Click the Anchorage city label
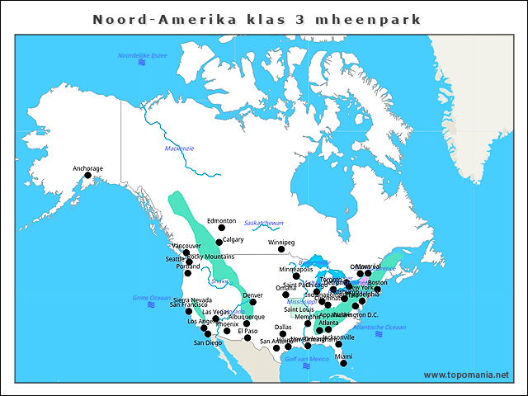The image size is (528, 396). (88, 168)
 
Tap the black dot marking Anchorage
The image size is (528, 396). (88, 175)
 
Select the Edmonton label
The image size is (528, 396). (221, 221)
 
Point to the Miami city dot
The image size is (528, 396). (343, 363)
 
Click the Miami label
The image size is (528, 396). (343, 356)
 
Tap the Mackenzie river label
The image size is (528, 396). (179, 148)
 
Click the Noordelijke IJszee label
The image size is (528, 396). (143, 54)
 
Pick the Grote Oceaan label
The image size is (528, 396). (151, 298)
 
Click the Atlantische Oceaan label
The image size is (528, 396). (379, 328)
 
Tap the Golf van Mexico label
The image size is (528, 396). (306, 359)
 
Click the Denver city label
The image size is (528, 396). (252, 295)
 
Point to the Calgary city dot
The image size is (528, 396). (219, 243)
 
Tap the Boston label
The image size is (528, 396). (377, 282)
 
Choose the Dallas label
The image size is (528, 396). (283, 327)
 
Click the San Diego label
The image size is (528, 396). (208, 342)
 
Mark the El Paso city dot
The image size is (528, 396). (247, 337)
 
